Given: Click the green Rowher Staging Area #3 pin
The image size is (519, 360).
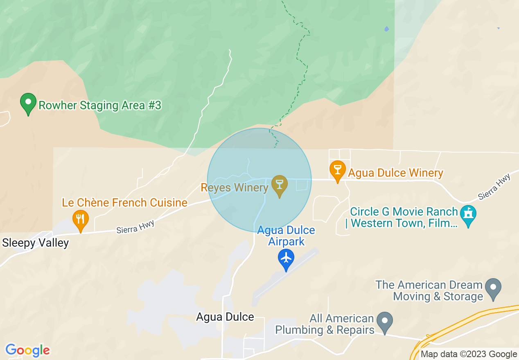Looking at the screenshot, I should point(28,103).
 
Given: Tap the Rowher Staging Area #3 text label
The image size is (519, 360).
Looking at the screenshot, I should point(99,106).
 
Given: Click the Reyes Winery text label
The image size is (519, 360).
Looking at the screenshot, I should point(234,188).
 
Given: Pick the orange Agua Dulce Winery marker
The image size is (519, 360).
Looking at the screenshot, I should point(338,171).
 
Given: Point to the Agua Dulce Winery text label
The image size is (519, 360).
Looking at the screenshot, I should point(395,173).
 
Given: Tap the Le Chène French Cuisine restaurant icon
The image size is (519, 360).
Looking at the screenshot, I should point(81,220).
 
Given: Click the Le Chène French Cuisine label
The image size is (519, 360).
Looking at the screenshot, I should point(124,202).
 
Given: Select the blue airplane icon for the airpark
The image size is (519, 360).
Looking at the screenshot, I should point(286,259).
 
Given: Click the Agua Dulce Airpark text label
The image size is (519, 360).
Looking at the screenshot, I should point(286,236).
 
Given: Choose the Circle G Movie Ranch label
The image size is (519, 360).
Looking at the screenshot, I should point(404,218).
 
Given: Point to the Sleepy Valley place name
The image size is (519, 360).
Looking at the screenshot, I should point(36,243).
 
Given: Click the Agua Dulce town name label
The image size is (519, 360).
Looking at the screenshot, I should point(225,317).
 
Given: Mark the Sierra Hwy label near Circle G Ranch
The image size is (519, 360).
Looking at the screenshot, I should point(494,187).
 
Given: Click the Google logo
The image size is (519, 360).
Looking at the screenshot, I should point(27,350).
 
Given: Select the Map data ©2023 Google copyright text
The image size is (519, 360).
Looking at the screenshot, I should point(469,354).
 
